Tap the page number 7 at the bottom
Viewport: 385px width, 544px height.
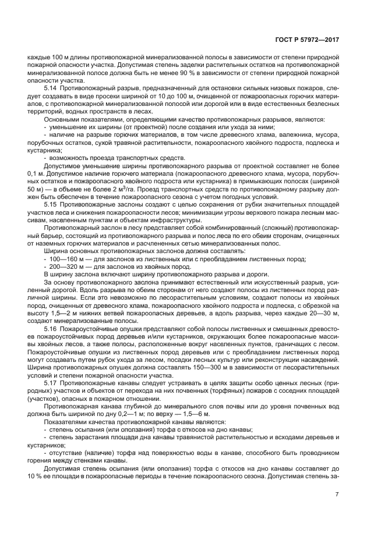[337, 495]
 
